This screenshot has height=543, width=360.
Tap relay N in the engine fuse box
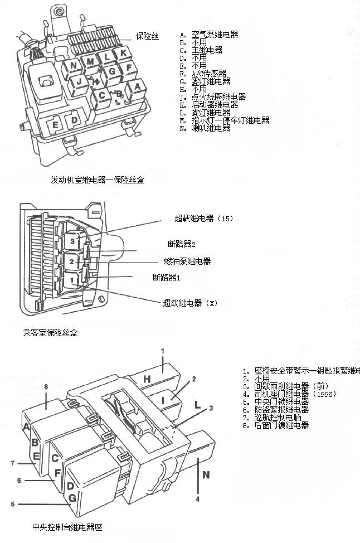[x=73, y=66]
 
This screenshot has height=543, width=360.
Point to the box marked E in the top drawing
[x=55, y=124]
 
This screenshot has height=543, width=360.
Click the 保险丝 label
[x=147, y=36]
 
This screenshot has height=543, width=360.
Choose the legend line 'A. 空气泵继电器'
[x=209, y=35]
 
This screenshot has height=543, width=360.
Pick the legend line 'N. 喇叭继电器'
[x=205, y=128]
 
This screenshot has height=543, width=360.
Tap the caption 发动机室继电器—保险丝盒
[x=98, y=180]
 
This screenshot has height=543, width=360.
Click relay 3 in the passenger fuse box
[x=72, y=241]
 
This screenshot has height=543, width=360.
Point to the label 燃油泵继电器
[x=187, y=261]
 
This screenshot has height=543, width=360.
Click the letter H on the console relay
[x=147, y=380]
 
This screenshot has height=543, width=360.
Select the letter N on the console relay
[x=206, y=476]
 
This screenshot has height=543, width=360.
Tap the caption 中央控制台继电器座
[x=67, y=526]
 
